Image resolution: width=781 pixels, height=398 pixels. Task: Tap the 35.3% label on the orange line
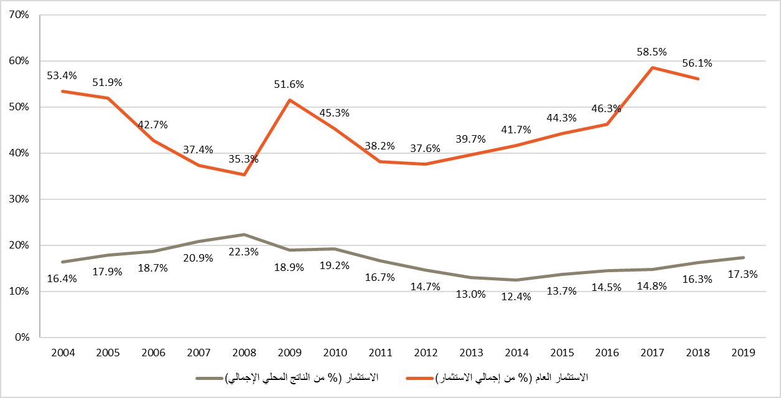(x=244, y=159)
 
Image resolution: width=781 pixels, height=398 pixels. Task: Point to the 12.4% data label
(x=517, y=297)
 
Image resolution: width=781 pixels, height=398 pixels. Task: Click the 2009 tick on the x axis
(x=289, y=353)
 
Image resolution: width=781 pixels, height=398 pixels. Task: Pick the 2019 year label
(x=743, y=353)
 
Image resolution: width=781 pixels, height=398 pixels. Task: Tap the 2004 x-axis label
(x=63, y=353)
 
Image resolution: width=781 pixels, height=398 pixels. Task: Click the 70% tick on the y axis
(x=20, y=15)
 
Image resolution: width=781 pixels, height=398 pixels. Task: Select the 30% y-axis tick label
(x=20, y=199)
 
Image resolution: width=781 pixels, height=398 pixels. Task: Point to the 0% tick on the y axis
(x=22, y=338)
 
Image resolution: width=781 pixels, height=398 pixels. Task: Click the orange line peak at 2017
(x=652, y=67)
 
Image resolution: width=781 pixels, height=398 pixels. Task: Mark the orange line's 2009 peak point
(x=289, y=100)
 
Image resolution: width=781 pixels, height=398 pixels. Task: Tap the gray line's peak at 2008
(x=244, y=235)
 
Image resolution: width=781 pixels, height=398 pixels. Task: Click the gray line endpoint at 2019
(x=743, y=258)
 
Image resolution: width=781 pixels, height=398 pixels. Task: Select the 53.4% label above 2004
(x=62, y=76)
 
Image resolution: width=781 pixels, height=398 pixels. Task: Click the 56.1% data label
(x=698, y=63)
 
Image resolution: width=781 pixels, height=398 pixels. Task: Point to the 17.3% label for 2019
(x=743, y=274)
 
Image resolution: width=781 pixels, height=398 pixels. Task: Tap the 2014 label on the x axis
(x=517, y=353)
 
